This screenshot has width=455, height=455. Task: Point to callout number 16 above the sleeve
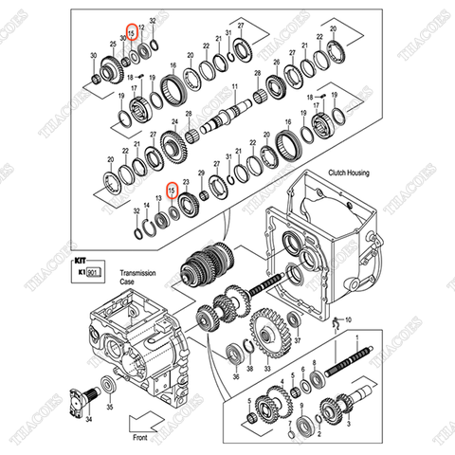tap(173, 66)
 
